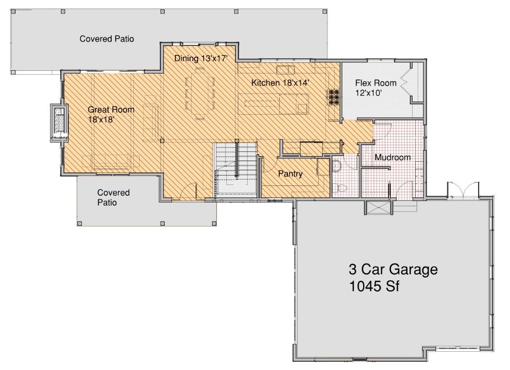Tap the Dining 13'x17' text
pos(200,58)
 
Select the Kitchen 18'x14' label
pos(280,83)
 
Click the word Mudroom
pos(392,158)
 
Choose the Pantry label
pos(290,174)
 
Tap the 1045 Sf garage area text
pos(374,286)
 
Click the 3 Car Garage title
pos(393,269)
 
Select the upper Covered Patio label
pos(107,39)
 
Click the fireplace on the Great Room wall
pos(59,123)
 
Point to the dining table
pos(200,93)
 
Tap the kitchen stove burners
pos(333,97)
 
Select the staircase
pos(236,170)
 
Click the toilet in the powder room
pos(339,188)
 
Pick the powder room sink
pos(336,166)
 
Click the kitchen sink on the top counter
pos(286,70)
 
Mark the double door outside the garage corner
pos(463,190)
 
